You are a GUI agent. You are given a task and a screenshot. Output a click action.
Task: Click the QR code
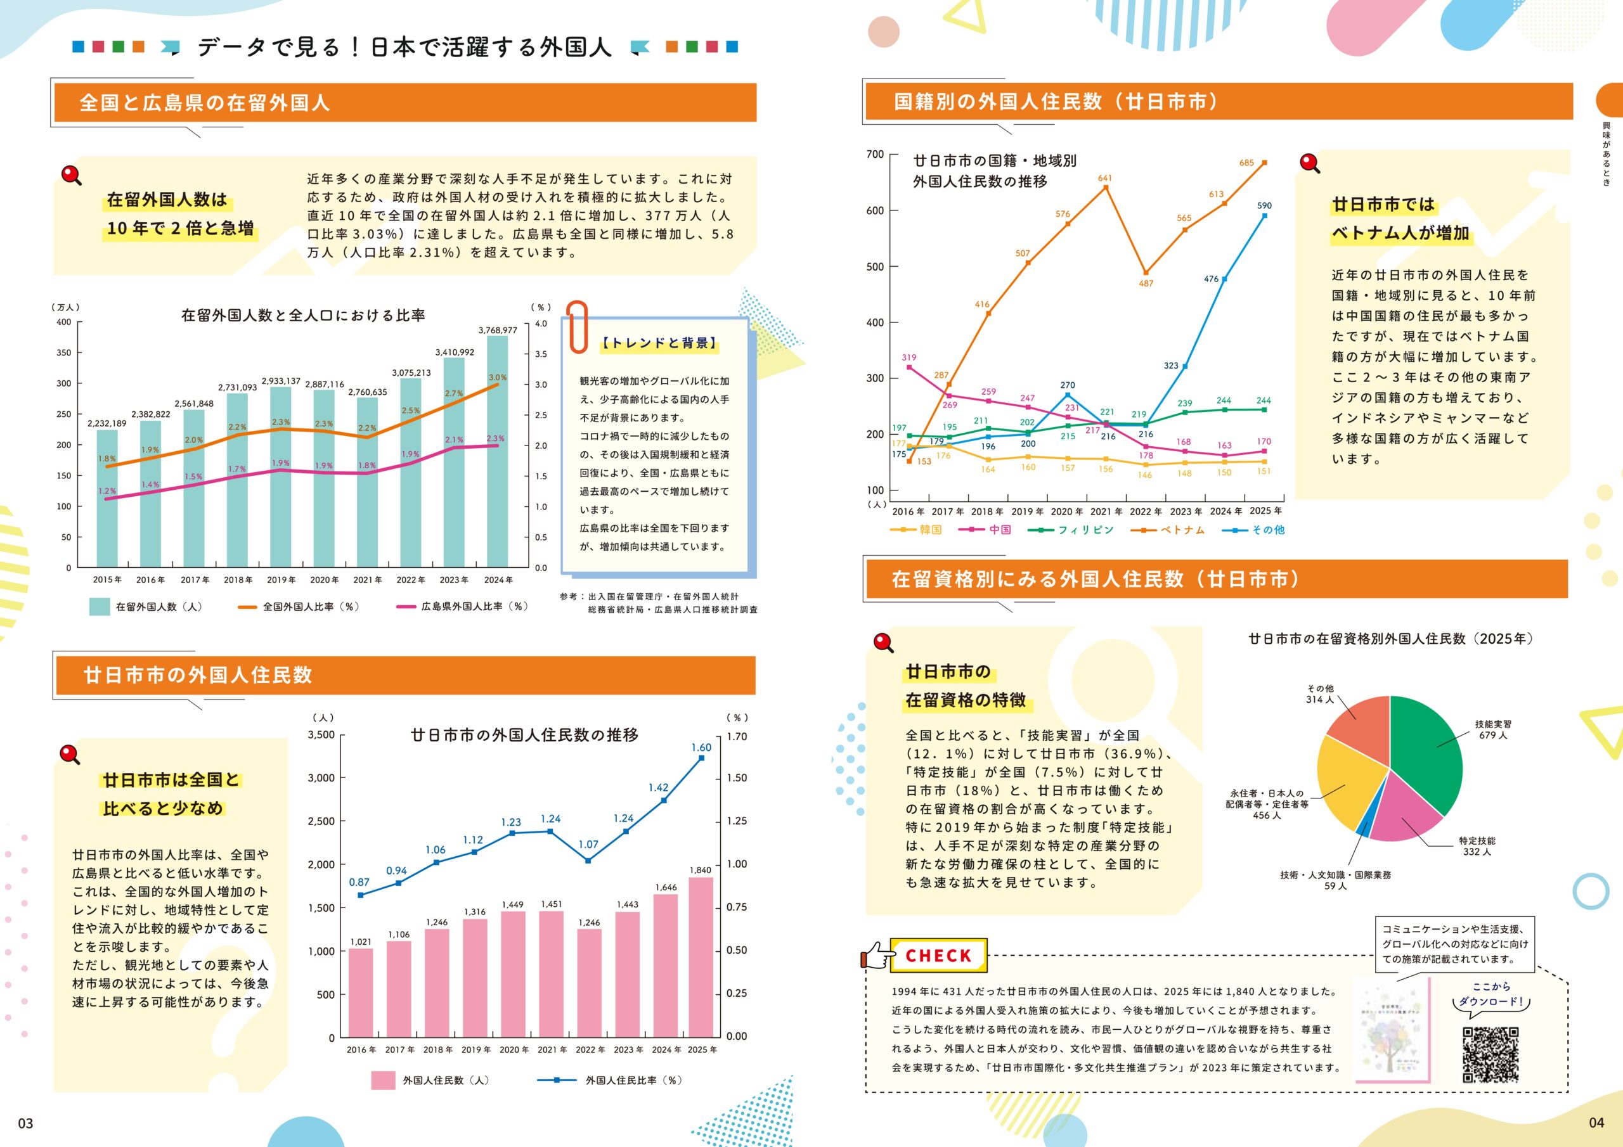pos(1490,1054)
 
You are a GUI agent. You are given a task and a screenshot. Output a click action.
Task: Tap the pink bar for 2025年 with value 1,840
pos(700,957)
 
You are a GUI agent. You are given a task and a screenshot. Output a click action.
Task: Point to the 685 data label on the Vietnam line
pos(1246,163)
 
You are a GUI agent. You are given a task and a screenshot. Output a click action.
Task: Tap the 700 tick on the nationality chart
pos(874,155)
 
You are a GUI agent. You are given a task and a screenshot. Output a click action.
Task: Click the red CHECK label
pos(938,956)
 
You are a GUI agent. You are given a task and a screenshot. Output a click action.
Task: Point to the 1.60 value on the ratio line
pos(701,748)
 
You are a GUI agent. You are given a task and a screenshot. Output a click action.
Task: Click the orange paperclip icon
pos(578,326)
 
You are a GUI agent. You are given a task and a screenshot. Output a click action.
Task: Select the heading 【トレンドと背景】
pos(659,343)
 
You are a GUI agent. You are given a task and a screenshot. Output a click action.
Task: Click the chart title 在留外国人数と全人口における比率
pos(303,315)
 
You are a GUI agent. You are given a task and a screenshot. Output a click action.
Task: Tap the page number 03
pos(25,1123)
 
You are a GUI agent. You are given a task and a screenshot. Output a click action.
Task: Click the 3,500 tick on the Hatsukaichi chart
pos(321,735)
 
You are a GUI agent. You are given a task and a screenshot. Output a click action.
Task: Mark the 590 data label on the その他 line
pos(1264,206)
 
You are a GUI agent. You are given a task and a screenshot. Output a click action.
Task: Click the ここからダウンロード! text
pos(1490,994)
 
